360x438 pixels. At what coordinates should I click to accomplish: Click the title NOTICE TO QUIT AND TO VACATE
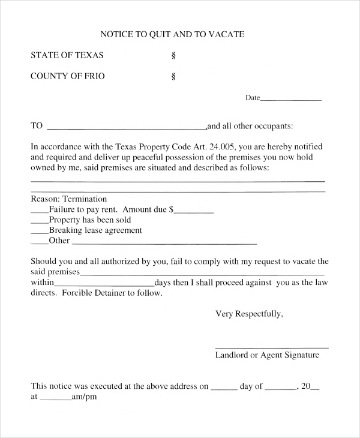[x=172, y=34]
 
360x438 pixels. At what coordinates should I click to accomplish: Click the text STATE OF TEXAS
[x=67, y=55]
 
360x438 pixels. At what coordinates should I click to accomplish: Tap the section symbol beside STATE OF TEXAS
[x=173, y=56]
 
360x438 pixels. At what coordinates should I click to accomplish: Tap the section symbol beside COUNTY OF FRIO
[x=173, y=77]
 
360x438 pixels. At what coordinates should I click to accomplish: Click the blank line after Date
[x=291, y=98]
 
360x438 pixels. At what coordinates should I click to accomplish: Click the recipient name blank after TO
[x=126, y=128]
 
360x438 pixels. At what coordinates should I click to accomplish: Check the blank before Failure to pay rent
[x=39, y=212]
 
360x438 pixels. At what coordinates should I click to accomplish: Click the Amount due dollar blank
[x=194, y=212]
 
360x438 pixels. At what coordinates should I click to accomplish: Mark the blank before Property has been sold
[x=39, y=222]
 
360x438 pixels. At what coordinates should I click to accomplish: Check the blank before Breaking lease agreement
[x=39, y=232]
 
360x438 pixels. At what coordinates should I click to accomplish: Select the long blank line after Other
[x=164, y=243]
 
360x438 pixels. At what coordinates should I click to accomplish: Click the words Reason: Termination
[x=68, y=199]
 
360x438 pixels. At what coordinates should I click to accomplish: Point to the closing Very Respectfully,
[x=249, y=314]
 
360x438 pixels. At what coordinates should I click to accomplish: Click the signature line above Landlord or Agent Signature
[x=271, y=347]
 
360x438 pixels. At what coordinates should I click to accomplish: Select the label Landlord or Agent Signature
[x=267, y=355]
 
